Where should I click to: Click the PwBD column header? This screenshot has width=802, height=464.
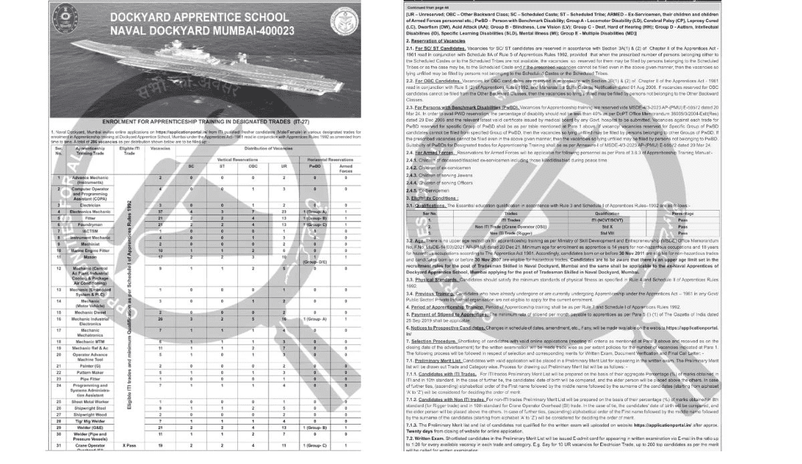(315, 167)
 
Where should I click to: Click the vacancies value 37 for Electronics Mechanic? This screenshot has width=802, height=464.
(160, 211)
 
